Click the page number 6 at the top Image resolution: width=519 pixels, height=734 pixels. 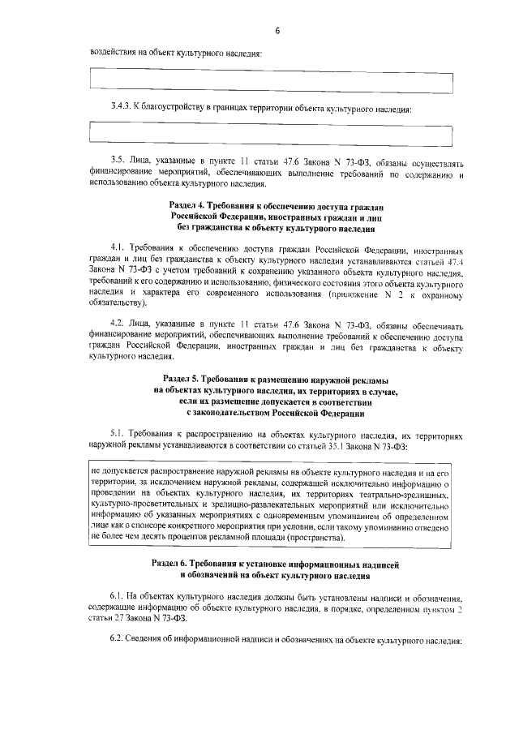tap(277, 31)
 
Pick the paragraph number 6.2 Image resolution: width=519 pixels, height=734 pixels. tap(117, 639)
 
